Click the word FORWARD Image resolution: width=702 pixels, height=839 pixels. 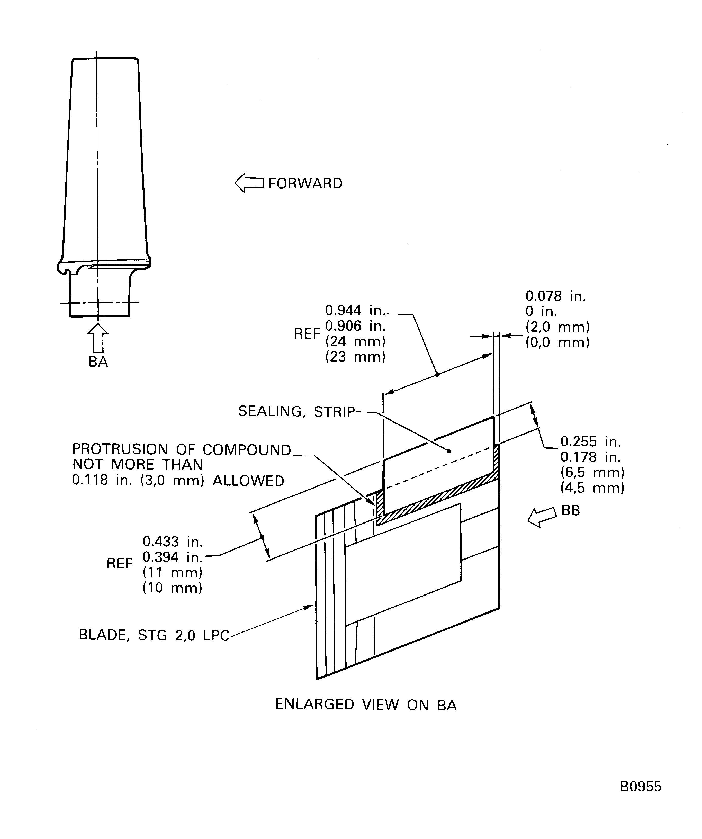point(305,184)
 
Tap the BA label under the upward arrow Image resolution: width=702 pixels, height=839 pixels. point(98,362)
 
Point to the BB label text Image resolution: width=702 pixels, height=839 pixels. point(571,511)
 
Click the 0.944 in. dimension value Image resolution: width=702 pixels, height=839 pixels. point(355,310)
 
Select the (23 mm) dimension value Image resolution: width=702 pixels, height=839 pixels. point(355,357)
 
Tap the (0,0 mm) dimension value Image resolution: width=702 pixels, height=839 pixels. point(557,342)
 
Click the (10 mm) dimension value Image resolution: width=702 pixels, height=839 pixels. point(173,588)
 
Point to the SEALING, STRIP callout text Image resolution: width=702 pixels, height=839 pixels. point(296,411)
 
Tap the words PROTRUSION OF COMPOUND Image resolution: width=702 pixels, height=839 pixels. point(181,449)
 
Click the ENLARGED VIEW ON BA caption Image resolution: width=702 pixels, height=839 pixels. point(366,704)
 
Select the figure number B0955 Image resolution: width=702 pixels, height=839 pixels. point(641,787)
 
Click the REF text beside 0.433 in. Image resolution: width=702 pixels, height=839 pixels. point(120,564)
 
